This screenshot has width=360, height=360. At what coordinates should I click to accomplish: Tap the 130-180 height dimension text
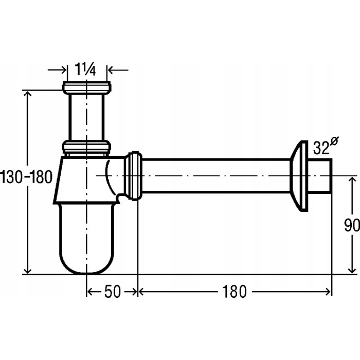coord(26,177)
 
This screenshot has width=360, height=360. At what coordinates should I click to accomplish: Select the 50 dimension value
coord(112,292)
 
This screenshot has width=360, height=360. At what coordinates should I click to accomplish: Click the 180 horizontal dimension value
coord(234,292)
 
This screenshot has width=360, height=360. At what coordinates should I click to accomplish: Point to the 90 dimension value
coord(352,225)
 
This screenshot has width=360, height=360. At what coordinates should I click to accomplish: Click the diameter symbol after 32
coord(334,141)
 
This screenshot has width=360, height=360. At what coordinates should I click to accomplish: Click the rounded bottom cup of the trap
coord(86,239)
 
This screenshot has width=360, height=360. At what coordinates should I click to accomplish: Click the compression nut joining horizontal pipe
coord(133,176)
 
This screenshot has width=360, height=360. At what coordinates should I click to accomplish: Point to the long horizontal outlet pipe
coord(217,176)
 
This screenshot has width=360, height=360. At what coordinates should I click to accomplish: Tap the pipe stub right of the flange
coord(320,176)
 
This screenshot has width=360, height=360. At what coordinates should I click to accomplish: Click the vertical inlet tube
coord(86,118)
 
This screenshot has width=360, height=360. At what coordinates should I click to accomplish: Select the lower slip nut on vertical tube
coord(86,147)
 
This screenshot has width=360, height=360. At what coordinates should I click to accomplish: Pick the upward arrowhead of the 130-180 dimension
coord(28,94)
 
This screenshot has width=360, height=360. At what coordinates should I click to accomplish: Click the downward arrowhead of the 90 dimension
coord(352,270)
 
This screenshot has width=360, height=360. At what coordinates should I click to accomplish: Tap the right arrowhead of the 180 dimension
coord(328,292)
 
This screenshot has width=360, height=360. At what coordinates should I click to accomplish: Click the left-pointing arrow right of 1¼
coord(118,70)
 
